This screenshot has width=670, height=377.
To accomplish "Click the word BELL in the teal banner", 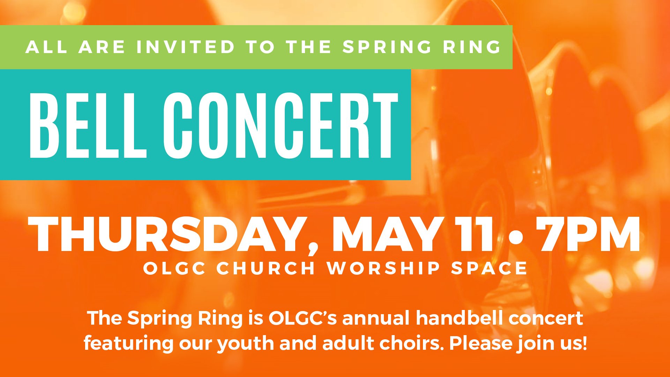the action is (x=88, y=125).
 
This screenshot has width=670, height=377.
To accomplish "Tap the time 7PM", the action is (x=588, y=234).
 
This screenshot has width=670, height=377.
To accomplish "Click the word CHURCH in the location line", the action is (x=266, y=268).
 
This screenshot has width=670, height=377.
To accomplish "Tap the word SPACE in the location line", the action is (x=489, y=268).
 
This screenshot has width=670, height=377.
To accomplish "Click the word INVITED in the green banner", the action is (x=186, y=47).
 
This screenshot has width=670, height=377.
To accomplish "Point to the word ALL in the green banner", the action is (x=46, y=47).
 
